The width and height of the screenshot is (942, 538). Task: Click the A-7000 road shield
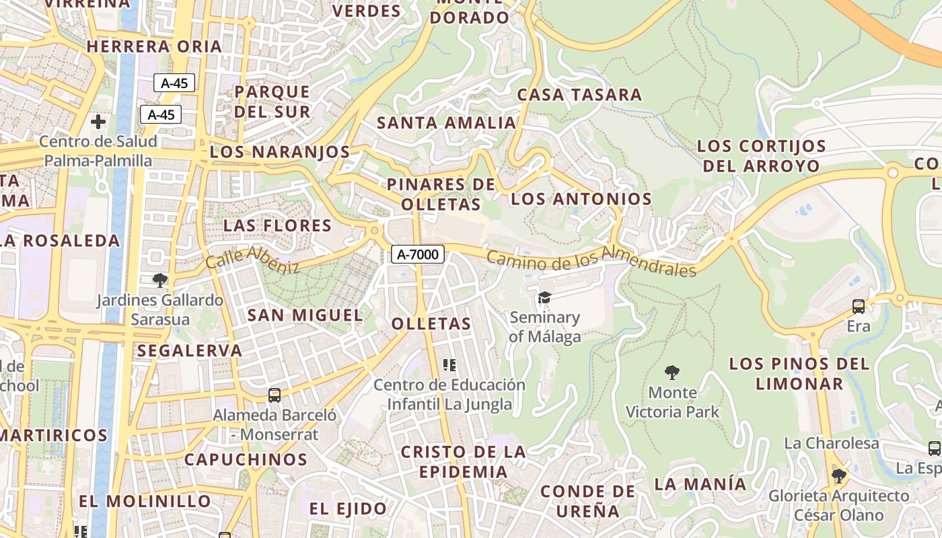(418, 254)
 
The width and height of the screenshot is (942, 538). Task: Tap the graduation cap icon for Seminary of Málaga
(544, 297)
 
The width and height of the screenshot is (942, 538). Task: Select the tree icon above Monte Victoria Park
(672, 372)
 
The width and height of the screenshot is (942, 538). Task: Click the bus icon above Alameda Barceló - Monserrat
(274, 395)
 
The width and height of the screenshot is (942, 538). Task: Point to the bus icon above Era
(859, 307)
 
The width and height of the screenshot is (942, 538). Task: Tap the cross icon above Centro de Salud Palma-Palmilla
(98, 122)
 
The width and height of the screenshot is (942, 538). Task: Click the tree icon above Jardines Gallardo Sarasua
(159, 280)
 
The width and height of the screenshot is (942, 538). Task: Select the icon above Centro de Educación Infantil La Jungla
(449, 365)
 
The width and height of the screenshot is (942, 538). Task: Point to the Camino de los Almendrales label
(591, 262)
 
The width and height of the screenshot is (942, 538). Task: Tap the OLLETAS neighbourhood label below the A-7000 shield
(431, 323)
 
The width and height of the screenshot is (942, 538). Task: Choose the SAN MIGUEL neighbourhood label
(305, 315)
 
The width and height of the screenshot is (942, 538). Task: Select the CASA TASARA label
(579, 95)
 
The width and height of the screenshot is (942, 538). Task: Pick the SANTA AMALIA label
(446, 123)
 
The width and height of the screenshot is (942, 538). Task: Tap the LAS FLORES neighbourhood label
(278, 225)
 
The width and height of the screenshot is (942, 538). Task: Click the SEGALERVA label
(190, 350)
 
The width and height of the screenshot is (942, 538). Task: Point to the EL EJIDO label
(348, 508)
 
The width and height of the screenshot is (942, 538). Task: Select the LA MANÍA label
(700, 484)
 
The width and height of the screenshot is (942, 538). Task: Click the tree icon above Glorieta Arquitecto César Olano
(838, 476)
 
